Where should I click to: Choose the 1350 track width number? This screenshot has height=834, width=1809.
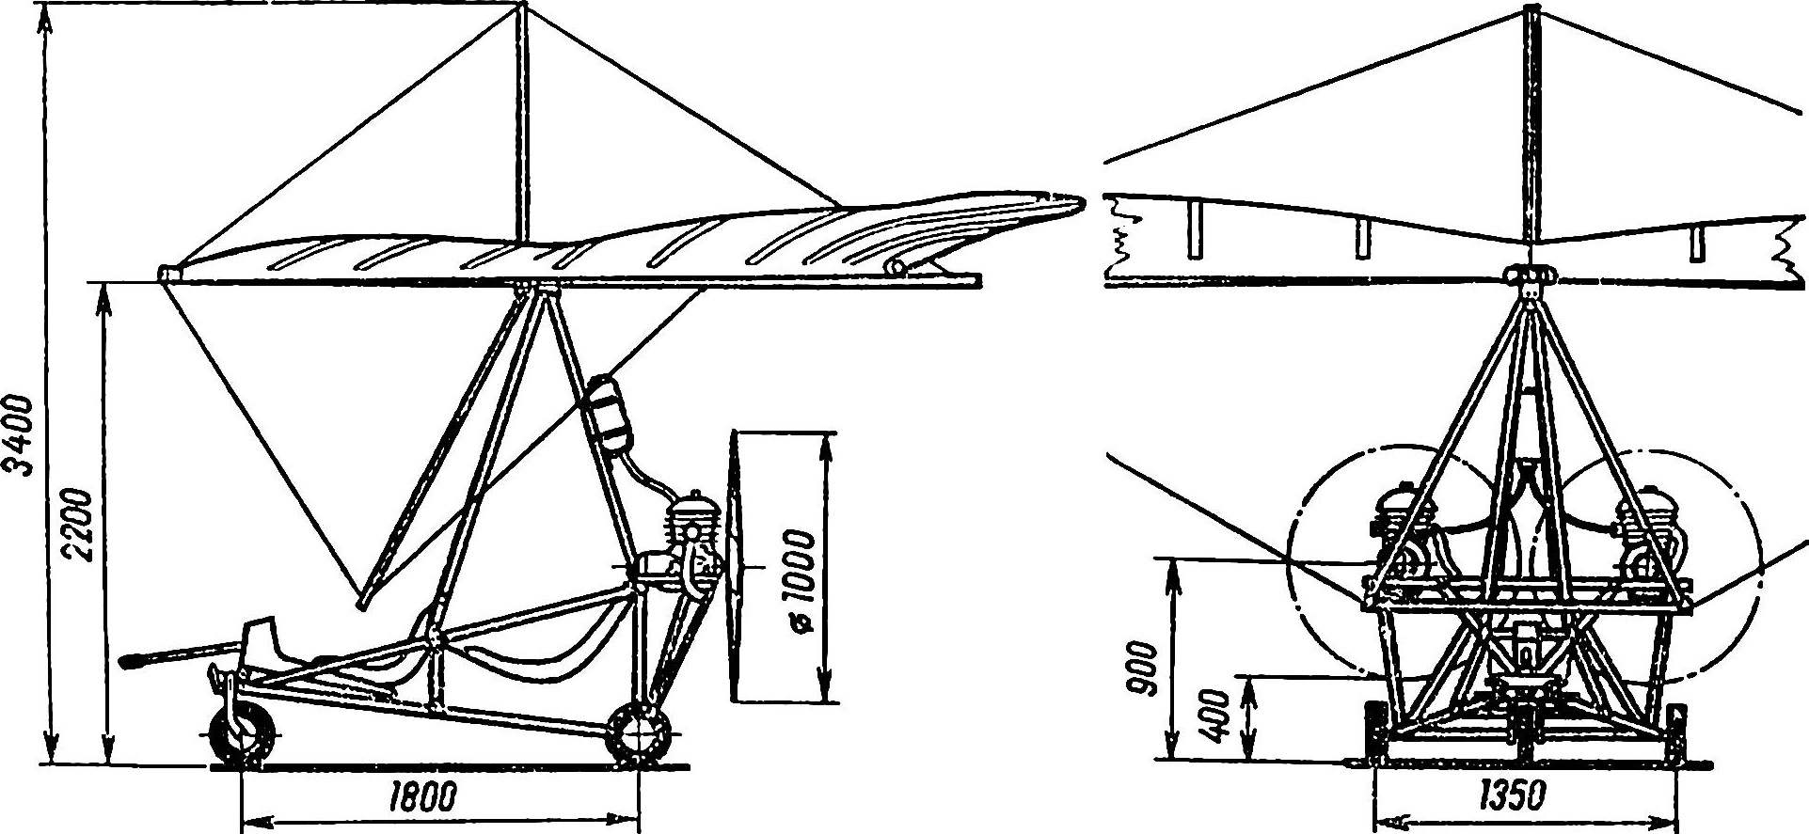coord(1512,797)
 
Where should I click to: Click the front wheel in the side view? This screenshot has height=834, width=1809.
coord(242,732)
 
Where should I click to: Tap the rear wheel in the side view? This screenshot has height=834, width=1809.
coord(639,734)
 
